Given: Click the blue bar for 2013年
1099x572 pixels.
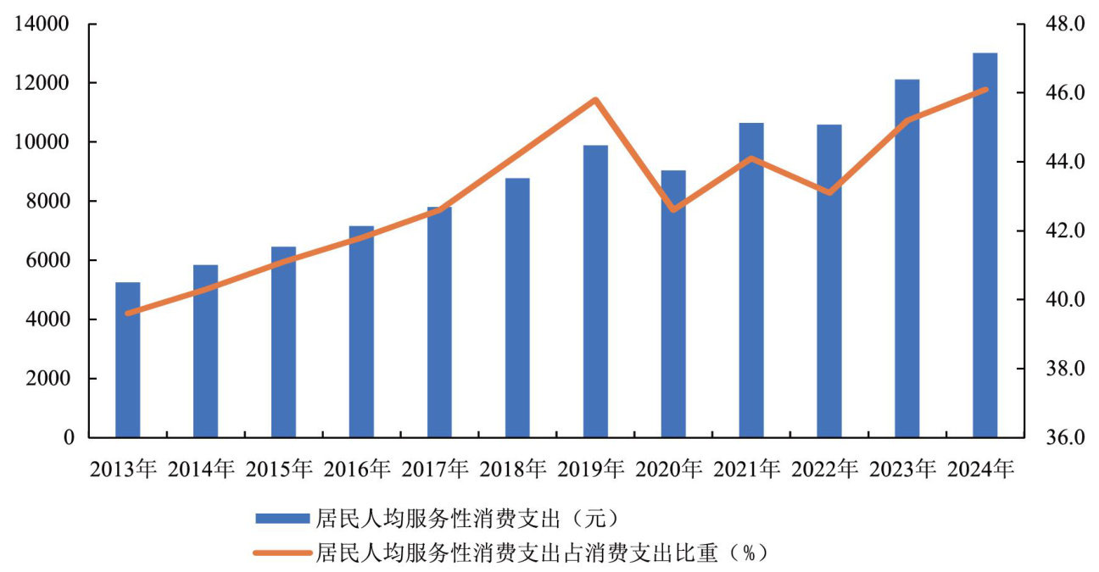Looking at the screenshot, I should (x=128, y=360).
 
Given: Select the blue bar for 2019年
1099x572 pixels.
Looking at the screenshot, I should (x=595, y=292).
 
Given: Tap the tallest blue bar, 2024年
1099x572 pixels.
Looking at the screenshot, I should (x=985, y=246).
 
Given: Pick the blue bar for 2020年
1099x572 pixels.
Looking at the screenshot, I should (x=673, y=304).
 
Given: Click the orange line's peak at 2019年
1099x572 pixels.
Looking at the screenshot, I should (x=595, y=100).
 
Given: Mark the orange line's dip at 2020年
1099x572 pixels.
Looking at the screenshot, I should (x=673, y=209).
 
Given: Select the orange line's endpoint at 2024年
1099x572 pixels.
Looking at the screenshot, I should (x=985, y=89).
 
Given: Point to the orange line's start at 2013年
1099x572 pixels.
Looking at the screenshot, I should (x=128, y=313).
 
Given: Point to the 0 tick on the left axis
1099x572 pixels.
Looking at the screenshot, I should (x=69, y=438).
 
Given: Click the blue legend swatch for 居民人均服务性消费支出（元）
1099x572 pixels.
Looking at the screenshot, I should (x=282, y=518).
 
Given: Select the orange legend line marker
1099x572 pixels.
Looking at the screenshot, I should (x=282, y=553).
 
